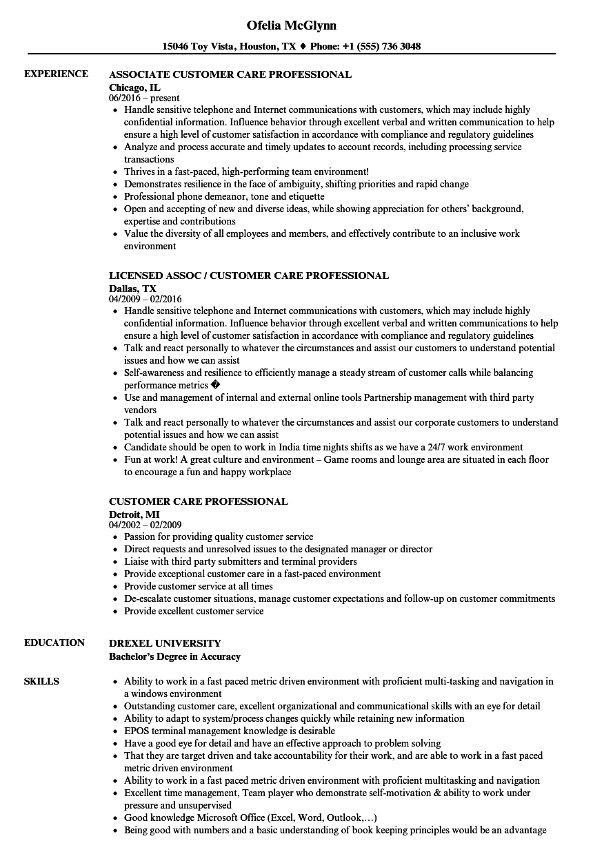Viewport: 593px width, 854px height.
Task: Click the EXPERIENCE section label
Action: tap(56, 74)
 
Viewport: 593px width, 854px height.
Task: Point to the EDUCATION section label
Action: tap(54, 643)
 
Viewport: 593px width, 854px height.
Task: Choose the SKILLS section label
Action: tap(41, 681)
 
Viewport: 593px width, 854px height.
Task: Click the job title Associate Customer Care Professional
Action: tap(230, 74)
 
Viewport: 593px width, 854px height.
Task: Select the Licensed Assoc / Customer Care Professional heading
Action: tap(249, 275)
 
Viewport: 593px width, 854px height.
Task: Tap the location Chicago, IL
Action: tap(134, 87)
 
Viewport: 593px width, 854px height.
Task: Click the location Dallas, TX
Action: tap(132, 288)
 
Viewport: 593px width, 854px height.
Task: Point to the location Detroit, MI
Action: tap(134, 514)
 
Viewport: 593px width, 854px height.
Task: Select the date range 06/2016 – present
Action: tap(144, 98)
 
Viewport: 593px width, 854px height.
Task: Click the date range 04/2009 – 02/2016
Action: tap(145, 300)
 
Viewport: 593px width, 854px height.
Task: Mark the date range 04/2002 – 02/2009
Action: tap(145, 525)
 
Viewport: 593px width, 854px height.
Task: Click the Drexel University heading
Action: tap(165, 643)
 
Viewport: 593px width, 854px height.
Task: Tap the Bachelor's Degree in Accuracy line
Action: tap(174, 656)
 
